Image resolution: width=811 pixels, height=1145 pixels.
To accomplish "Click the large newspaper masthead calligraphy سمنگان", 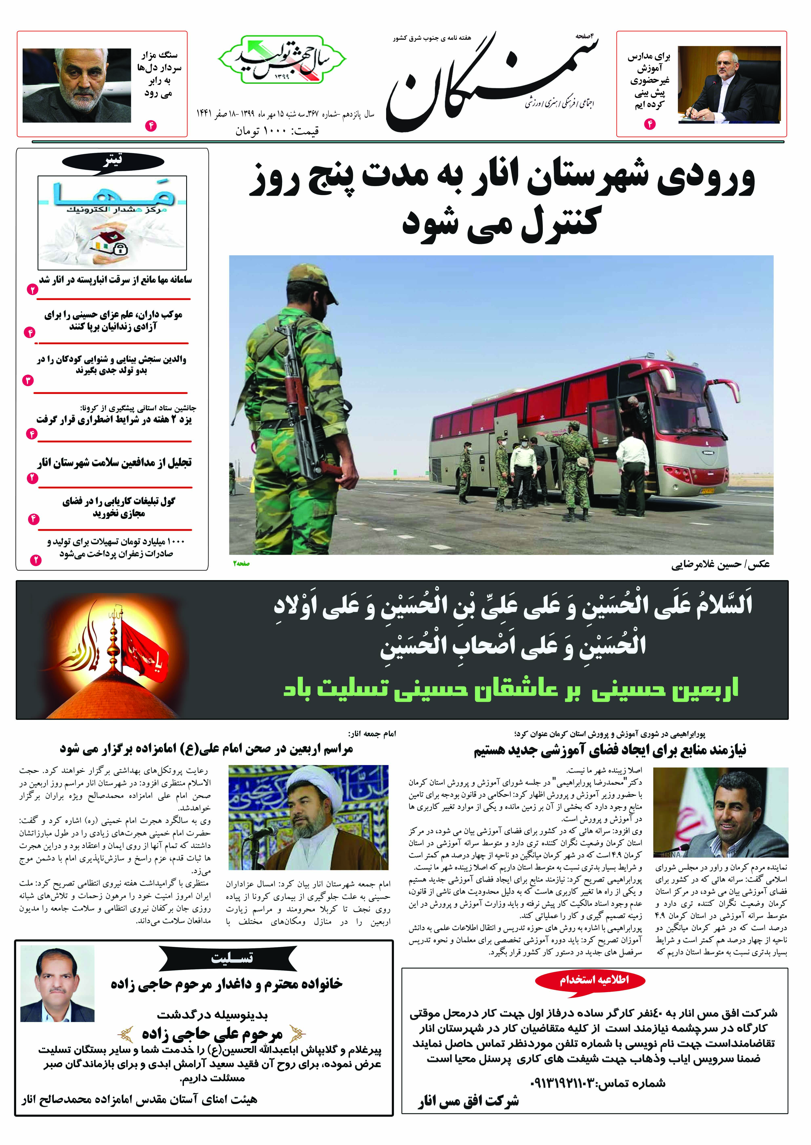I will point(492,85).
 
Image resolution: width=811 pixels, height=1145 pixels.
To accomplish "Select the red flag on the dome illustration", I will point(145,649).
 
